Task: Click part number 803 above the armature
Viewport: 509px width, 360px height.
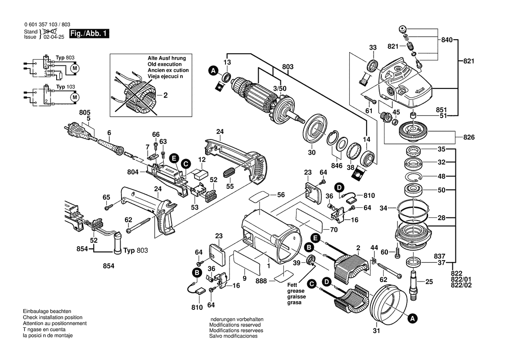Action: (x=288, y=67)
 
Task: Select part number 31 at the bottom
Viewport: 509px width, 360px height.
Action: (x=376, y=331)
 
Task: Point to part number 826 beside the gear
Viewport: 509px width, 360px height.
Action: (x=469, y=138)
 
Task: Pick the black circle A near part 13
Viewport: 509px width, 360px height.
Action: (x=213, y=70)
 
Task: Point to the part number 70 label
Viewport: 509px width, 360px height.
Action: (x=334, y=229)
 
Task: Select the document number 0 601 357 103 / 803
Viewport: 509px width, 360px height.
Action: (x=46, y=25)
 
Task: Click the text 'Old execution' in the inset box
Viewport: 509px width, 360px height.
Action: (x=164, y=64)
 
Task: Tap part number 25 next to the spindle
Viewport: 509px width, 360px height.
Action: (x=429, y=282)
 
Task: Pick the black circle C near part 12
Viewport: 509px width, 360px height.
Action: (x=186, y=164)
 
